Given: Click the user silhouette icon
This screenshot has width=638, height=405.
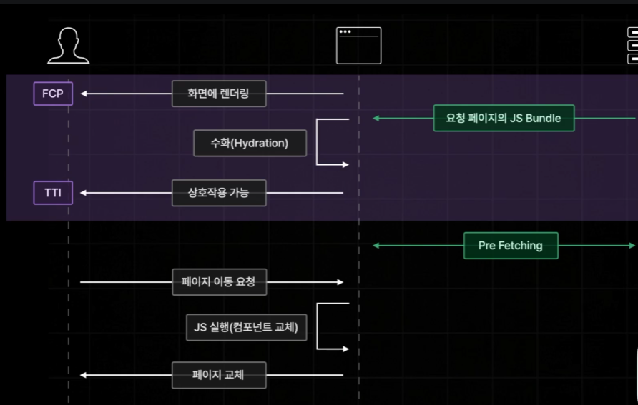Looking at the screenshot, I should (x=68, y=46).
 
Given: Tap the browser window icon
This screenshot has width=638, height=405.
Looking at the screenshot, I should (x=358, y=46).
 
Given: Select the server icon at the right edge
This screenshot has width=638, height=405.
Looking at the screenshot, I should (x=632, y=46).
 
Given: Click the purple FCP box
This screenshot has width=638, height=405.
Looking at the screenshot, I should (x=53, y=94).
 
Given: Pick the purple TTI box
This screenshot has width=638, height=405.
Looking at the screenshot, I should (x=53, y=193).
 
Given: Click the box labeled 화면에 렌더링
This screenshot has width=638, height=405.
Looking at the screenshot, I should (x=219, y=94).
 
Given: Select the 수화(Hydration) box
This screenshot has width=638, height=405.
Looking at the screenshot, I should (x=250, y=143).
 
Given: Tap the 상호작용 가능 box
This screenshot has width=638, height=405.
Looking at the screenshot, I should (x=219, y=193).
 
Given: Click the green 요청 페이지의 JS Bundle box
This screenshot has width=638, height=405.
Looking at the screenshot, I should (x=504, y=118).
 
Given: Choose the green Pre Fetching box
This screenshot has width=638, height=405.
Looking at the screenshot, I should (x=511, y=246).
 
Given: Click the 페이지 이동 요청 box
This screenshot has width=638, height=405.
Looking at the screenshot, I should (x=219, y=282).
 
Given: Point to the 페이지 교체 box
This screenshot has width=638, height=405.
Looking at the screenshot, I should (x=219, y=375).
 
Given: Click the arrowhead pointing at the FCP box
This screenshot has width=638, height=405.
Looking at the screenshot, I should (x=84, y=94).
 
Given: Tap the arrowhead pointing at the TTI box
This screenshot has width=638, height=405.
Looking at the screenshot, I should (x=84, y=193).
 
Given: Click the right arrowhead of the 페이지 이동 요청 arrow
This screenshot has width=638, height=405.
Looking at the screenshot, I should (x=340, y=282).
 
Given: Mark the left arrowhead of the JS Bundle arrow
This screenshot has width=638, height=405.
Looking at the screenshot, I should (x=376, y=118).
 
